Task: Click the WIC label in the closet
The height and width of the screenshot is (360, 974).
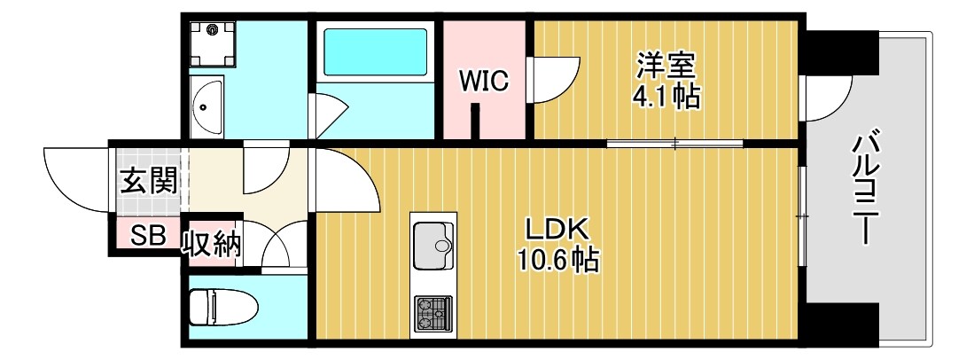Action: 483,82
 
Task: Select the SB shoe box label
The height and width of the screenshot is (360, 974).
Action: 147,237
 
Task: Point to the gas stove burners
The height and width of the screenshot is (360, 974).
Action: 432,313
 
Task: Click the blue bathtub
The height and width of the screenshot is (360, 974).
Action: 377,51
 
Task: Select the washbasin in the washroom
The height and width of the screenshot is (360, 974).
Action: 208,107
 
